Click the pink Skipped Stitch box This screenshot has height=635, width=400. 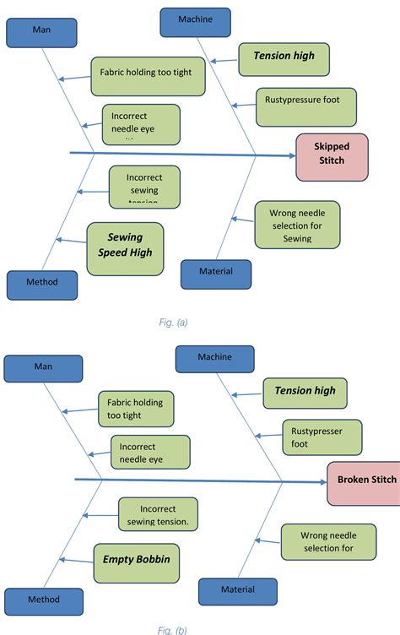tap(332, 156)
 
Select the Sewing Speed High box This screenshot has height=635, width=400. tap(126, 249)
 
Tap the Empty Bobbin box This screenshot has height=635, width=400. tap(136, 559)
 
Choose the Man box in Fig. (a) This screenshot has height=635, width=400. tap(41, 31)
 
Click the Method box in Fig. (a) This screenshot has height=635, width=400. tap(41, 285)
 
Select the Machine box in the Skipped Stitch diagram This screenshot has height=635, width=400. tap(195, 20)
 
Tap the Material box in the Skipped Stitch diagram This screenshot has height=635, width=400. tap(216, 273)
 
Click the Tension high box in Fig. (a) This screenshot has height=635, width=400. tap(284, 58)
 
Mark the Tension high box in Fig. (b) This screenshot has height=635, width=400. tap(305, 393)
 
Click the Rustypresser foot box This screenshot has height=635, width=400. tap(321, 437)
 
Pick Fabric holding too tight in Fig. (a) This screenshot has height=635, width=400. tap(147, 73)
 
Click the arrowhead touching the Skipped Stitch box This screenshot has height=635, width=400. tap(291, 155)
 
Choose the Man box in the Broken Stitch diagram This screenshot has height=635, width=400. tap(43, 368)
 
